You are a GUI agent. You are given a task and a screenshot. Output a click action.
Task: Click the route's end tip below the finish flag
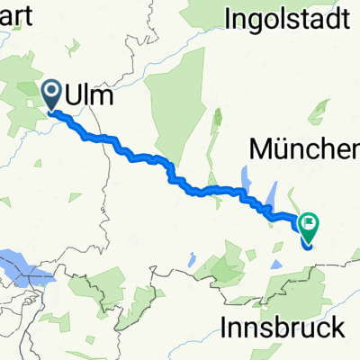pyautogui.click(x=308, y=244)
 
